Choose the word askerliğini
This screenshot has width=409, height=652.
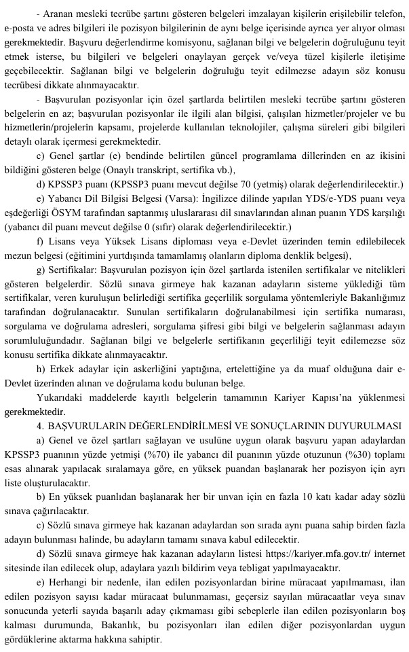click(163, 369)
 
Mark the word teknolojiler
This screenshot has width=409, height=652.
click(214, 128)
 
